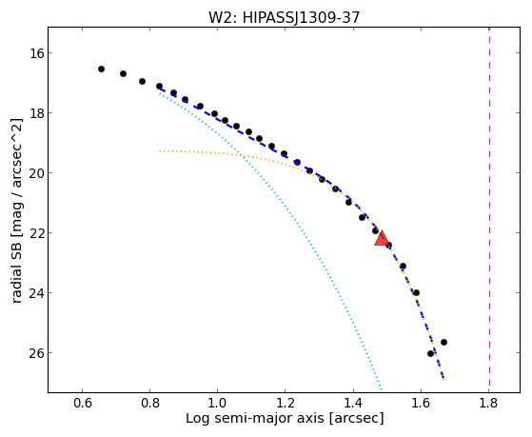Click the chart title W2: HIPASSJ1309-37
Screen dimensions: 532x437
coord(284,17)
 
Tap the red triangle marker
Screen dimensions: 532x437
coord(382,238)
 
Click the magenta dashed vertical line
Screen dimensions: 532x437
coord(489,207)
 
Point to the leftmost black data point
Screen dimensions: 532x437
coord(101,69)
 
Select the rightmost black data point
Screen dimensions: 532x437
coord(443,342)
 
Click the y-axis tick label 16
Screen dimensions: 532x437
coord(36,53)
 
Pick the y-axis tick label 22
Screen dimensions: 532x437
coord(36,233)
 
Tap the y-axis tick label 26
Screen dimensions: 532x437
coord(36,353)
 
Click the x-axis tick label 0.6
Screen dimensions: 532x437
coord(83,403)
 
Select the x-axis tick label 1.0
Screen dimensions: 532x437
coord(217,403)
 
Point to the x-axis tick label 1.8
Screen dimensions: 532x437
coord(488,403)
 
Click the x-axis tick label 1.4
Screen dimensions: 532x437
coord(353,403)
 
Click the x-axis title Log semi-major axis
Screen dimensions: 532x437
coord(255,418)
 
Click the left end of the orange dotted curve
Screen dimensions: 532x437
coord(160,151)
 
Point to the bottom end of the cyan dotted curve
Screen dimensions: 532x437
coord(382,389)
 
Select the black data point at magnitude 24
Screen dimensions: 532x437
coord(416,292)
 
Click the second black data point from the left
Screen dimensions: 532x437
coord(123,73)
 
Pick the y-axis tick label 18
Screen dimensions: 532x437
coord(36,113)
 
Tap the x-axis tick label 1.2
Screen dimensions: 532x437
coord(285,403)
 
